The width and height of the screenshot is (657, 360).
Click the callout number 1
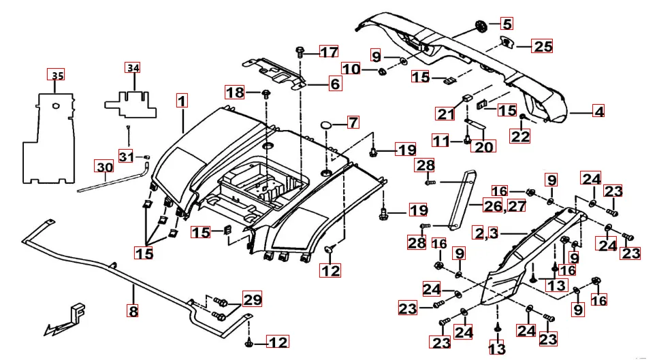tap(181, 101)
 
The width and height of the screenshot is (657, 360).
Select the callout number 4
tap(598, 112)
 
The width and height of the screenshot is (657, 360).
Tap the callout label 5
tap(507, 24)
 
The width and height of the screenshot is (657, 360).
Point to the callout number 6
tap(335, 84)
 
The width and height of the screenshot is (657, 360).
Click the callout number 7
tap(352, 123)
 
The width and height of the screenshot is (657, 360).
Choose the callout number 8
tap(133, 311)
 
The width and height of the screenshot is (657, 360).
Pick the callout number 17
tap(329, 52)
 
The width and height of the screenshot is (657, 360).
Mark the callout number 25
tap(543, 46)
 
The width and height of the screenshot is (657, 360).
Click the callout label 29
tap(252, 299)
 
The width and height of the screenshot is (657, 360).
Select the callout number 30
tap(104, 167)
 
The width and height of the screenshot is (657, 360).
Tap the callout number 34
tap(132, 68)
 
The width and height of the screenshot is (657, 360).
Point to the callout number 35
tap(58, 75)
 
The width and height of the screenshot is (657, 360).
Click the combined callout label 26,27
tap(506, 205)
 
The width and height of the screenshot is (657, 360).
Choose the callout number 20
tap(485, 145)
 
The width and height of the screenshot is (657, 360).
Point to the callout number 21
tap(446, 113)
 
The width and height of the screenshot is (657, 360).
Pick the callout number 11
tap(442, 140)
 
